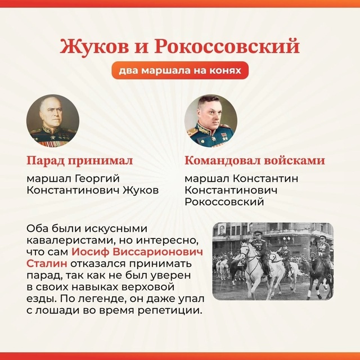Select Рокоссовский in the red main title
point(227,46)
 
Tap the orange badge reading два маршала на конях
point(180,70)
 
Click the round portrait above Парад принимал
point(53,120)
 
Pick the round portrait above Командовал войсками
point(211,120)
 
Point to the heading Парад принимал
point(80,160)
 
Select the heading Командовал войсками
point(255,160)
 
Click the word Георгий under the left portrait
point(97,179)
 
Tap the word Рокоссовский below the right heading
point(224,202)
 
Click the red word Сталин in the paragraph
point(47,264)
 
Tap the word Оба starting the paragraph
point(38,229)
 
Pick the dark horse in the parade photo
point(320,271)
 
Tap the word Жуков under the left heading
point(141,190)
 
